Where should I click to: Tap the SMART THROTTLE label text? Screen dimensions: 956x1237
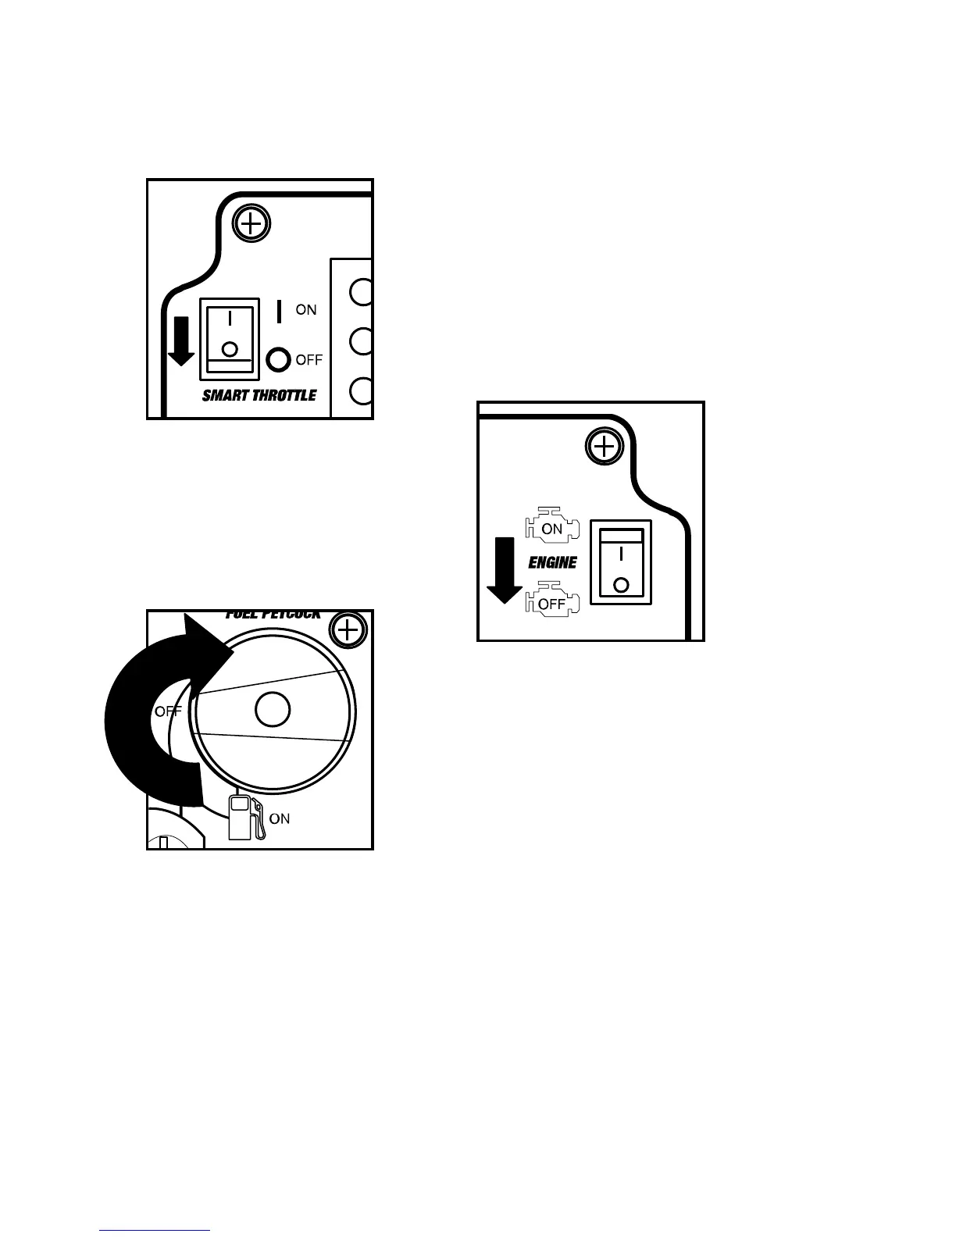[x=259, y=395]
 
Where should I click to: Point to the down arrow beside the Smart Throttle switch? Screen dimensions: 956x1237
[x=181, y=340]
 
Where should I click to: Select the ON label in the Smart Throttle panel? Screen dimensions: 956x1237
[x=306, y=310]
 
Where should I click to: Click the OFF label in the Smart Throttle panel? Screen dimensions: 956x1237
[x=309, y=360]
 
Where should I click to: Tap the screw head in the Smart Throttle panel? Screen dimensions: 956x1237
[x=250, y=226]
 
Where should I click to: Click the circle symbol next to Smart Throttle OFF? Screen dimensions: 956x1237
[x=278, y=359]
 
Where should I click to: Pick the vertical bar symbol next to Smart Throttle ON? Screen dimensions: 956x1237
[x=280, y=311]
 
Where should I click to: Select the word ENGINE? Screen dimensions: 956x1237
[x=553, y=562]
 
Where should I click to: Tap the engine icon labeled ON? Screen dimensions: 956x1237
[x=551, y=528]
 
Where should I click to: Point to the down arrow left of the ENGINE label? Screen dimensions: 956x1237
[x=505, y=570]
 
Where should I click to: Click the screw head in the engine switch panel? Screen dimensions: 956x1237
[x=602, y=447]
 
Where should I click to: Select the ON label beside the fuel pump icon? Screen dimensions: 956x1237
[x=280, y=818]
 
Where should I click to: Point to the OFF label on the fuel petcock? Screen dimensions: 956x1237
[x=167, y=711]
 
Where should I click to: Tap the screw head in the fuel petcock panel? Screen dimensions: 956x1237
[x=348, y=629]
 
